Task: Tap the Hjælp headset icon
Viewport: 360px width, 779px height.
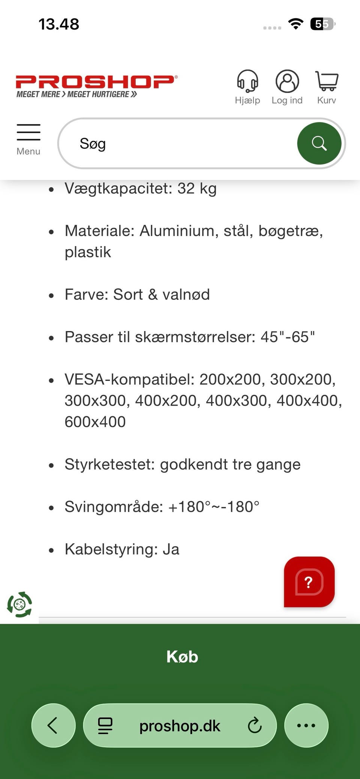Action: coord(247,81)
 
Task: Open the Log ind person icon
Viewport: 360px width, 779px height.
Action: coord(287,81)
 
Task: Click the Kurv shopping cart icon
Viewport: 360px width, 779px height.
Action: coord(327,81)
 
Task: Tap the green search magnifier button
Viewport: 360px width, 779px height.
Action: coord(319,143)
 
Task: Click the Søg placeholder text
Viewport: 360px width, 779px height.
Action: coord(93,144)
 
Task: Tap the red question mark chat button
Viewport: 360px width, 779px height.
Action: coord(309,582)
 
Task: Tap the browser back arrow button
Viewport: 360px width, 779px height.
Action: coord(53,725)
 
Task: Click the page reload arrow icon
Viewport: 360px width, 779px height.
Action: coord(255,725)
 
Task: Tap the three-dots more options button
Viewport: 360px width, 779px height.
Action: coord(306,725)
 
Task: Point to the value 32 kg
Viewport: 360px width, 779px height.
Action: coord(197,189)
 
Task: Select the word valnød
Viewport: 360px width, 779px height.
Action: coord(186,295)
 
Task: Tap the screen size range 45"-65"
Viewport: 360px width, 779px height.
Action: coord(287,337)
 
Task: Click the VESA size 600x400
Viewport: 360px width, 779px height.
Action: coord(95,422)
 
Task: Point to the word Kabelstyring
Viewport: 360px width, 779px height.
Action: coord(111,550)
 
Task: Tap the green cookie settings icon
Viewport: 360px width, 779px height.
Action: coord(19,604)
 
